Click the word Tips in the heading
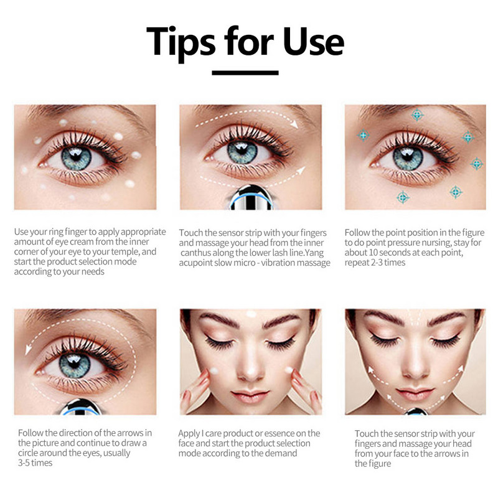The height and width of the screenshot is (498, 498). [181, 43]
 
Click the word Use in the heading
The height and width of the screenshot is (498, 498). [314, 41]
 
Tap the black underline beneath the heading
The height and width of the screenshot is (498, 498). [245, 73]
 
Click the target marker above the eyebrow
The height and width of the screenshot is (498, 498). [417, 115]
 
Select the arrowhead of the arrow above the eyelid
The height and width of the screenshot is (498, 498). [295, 124]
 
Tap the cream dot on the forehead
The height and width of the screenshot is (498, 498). [251, 314]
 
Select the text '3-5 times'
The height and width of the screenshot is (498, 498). [35, 463]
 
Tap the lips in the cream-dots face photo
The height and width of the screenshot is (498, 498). [251, 396]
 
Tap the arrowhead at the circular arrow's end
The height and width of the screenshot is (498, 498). [28, 349]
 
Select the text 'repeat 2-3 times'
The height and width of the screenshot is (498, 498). [375, 263]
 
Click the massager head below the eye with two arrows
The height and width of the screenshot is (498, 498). [251, 197]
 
